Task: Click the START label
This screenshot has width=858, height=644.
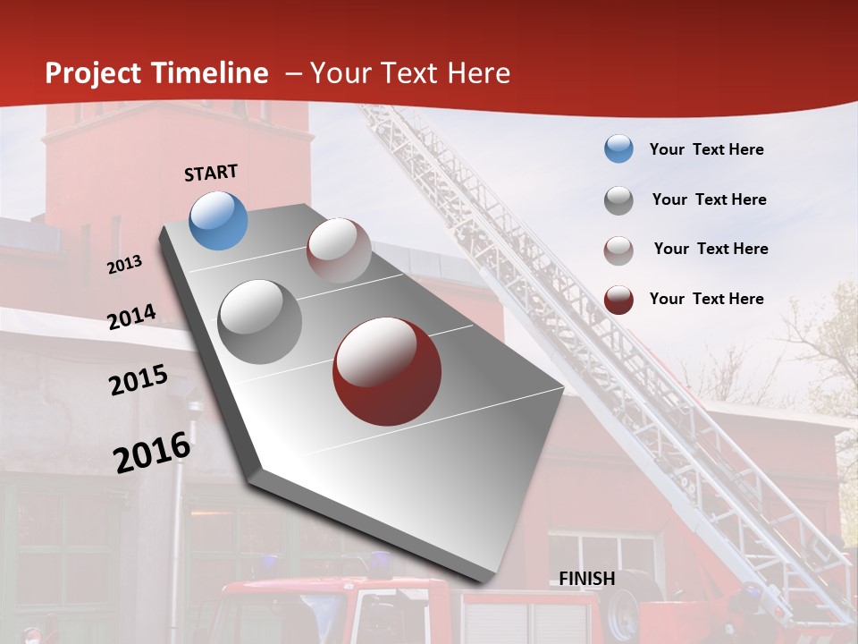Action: point(211,173)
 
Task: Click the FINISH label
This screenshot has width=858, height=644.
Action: point(586,579)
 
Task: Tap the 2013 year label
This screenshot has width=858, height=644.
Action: point(125,265)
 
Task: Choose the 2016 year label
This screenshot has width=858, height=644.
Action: point(152,453)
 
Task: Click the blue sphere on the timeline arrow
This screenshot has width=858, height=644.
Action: point(218,220)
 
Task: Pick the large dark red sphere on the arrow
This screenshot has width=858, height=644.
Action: point(386,371)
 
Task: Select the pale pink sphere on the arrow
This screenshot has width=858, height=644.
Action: point(339,250)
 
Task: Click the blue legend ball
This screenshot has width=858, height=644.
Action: point(618,149)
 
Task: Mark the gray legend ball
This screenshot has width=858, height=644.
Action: point(618,199)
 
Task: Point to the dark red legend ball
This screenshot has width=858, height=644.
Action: point(618,299)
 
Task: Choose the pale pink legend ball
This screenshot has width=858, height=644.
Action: point(618,250)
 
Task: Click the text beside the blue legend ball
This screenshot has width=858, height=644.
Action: point(706,149)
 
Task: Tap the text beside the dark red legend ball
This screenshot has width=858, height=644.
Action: point(706,299)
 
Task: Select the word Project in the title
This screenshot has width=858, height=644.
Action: point(92,73)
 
